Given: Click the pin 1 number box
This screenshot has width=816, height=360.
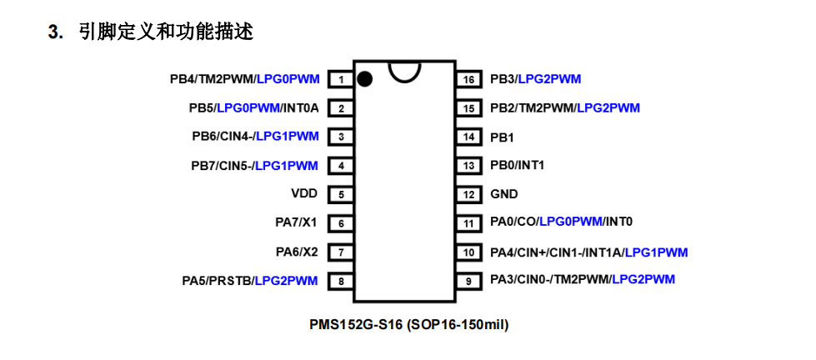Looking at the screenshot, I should coord(341,80).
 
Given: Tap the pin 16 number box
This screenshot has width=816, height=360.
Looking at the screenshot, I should coord(468,80).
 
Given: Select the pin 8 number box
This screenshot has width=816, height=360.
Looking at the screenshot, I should coord(341,281).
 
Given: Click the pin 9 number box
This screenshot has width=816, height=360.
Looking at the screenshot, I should coord(468,281).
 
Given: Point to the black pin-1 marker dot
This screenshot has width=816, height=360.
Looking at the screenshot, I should coord(364,79).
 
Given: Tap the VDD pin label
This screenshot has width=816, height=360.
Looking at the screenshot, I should coord(304,193).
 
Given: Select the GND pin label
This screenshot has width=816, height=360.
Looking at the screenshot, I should coord(503,194).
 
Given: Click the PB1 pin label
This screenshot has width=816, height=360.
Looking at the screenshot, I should coord(502,137).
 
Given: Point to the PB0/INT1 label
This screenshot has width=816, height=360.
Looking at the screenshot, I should coord(517,165).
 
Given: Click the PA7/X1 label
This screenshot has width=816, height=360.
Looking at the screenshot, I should coord(298,222).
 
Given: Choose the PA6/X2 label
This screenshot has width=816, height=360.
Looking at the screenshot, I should coord(298,251).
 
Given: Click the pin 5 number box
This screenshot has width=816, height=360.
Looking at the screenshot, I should coord(341,194).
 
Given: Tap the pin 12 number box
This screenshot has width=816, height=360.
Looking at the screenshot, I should coord(468,194).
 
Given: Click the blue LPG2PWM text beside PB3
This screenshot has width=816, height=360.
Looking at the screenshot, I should coord(549,79).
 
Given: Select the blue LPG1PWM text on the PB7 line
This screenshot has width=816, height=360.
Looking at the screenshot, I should coord(287,165).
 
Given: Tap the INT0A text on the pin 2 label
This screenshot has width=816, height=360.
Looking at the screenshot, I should coord(301,107).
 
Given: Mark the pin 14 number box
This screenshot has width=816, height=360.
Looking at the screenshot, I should coord(468,137).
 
